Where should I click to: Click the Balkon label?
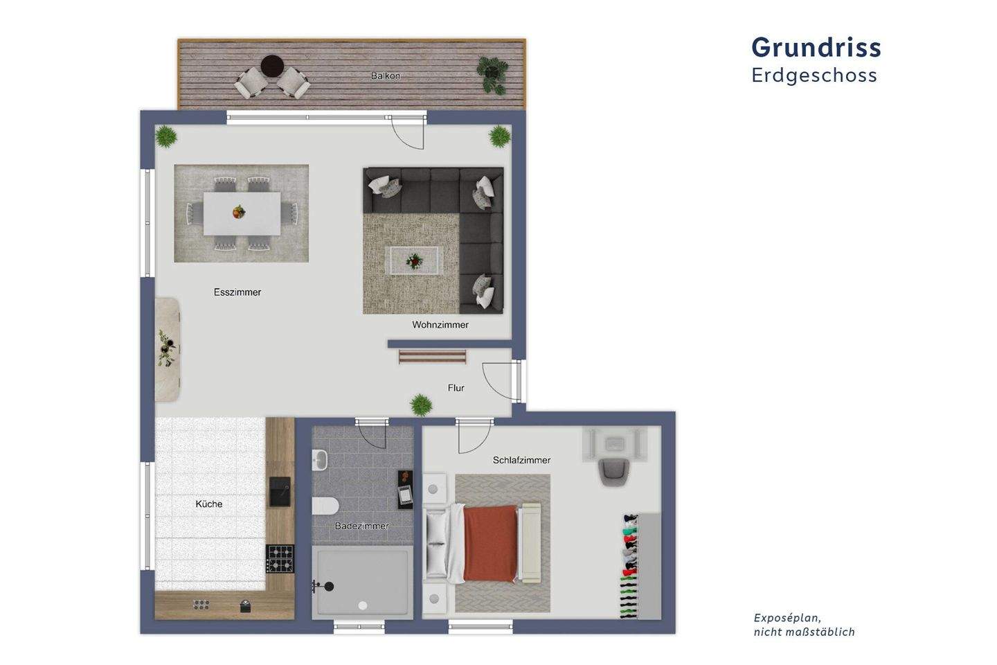point(386,76)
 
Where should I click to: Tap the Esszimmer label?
point(237,292)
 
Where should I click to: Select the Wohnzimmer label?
point(440,325)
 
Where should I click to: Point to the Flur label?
point(456,388)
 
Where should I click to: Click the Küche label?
point(209,504)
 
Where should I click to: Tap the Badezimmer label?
point(361,526)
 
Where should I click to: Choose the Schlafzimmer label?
point(521,460)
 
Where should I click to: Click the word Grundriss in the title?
point(816,47)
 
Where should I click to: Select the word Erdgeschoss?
point(814,75)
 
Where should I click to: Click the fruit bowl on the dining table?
point(238,211)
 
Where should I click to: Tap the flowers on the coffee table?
point(414,260)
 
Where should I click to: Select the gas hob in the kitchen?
point(280,559)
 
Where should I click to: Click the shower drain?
point(362,605)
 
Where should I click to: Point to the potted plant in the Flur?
point(420,405)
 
